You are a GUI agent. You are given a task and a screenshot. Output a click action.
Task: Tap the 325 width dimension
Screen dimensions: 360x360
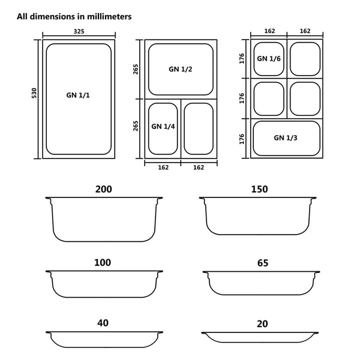point(79,31)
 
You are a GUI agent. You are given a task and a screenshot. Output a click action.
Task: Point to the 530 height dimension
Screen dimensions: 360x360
point(34,94)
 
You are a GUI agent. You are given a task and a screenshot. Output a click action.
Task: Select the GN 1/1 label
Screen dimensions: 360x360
point(78,95)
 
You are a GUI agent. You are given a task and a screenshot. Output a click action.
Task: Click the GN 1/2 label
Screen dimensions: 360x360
point(181,69)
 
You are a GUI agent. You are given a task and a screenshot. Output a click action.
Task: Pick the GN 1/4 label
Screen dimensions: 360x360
point(163,126)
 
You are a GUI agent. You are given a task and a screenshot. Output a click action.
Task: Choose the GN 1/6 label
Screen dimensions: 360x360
point(268,58)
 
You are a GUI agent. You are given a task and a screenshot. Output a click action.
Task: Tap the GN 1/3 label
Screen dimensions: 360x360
point(285,137)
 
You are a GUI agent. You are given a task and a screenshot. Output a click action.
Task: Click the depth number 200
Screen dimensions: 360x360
point(103,190)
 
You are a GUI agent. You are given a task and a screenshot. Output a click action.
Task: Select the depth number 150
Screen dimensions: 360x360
point(259,190)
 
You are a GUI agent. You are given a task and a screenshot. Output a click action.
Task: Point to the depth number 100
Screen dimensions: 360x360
point(103,263)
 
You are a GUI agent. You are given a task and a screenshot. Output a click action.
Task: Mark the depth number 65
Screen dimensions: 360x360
point(262,263)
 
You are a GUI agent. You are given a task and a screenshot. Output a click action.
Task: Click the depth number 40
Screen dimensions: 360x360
point(103,323)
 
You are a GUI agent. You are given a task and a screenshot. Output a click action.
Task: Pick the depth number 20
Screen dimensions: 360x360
point(262,324)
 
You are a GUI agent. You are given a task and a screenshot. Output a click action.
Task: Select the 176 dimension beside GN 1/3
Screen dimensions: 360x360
point(242,139)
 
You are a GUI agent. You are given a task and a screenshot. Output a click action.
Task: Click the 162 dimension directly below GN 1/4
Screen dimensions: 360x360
point(163,167)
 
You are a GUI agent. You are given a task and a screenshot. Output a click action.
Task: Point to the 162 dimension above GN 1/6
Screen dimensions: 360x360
point(268,31)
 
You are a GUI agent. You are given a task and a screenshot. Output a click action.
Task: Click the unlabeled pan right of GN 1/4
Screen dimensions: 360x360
point(199,127)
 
